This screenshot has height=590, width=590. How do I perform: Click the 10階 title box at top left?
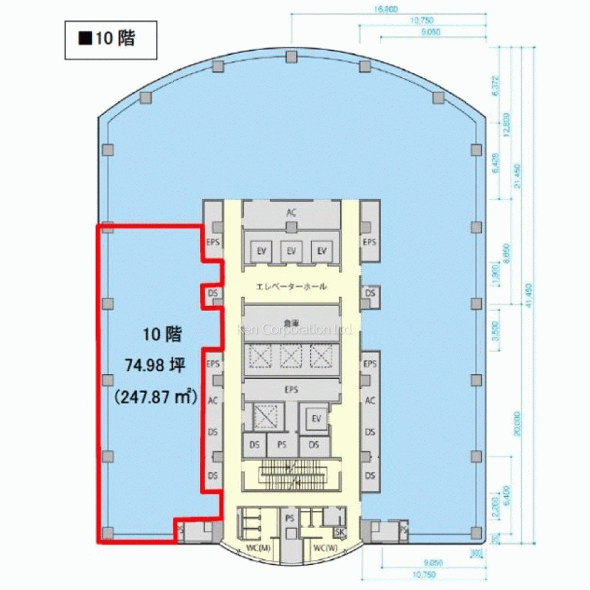[110, 40]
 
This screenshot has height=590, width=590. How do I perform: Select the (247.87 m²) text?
[155, 396]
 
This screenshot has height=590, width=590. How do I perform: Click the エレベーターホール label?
[291, 287]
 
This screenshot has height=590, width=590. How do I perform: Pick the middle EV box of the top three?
[291, 251]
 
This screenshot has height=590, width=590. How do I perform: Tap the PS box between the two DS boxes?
[283, 445]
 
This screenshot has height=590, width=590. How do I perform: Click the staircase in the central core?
[291, 476]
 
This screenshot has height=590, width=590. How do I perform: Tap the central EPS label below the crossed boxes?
[291, 390]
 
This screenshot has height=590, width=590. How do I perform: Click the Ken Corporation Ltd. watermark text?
[294, 329]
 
